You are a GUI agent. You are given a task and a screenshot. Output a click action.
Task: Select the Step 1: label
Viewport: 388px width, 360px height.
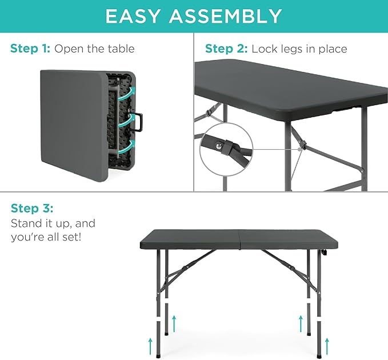coord(30,49)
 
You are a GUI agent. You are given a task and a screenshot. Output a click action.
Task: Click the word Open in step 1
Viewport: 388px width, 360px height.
coord(69,49)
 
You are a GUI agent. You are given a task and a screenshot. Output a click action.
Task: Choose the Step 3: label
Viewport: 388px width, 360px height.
coord(32,207)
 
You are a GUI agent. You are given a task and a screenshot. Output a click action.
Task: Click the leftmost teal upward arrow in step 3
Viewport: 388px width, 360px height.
coord(151,345)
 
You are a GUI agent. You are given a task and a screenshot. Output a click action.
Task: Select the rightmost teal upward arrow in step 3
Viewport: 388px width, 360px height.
coord(326,345)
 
